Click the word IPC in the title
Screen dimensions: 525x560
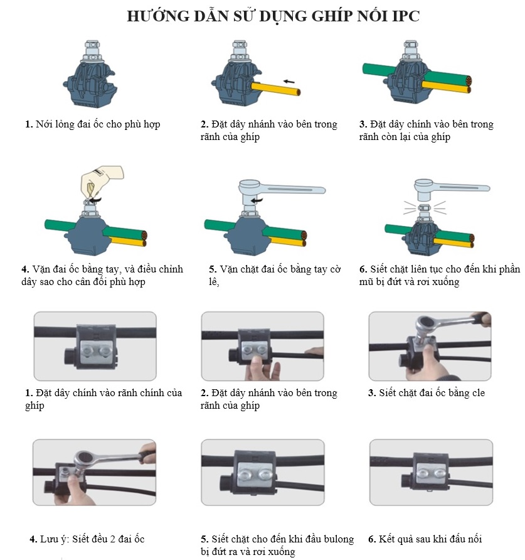[x=406, y=16]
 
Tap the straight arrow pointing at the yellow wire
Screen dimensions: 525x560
[x=289, y=82]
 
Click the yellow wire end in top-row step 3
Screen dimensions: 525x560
[x=469, y=90]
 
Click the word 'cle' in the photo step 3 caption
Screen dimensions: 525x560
[x=478, y=393]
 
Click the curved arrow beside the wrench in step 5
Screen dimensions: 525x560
[x=257, y=200]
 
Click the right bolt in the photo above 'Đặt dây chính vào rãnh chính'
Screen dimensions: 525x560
[x=105, y=352]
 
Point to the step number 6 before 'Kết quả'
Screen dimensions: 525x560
[x=371, y=539]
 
